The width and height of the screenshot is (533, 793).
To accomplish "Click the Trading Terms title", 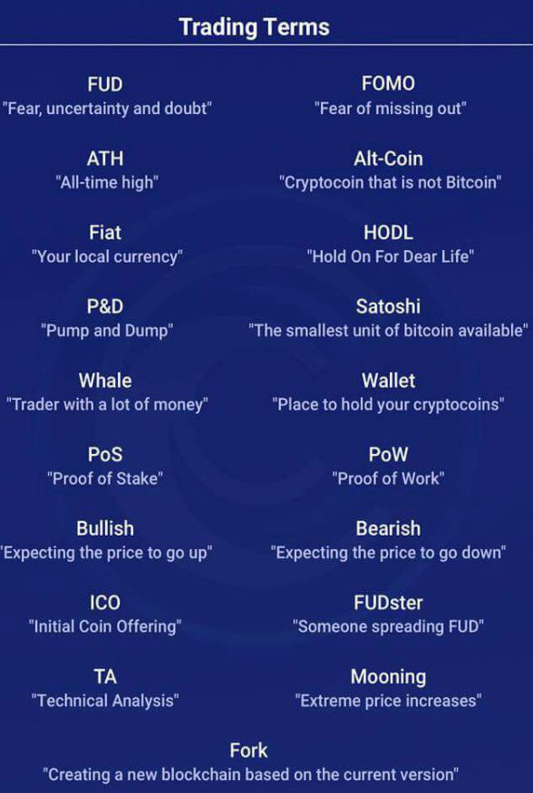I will click(x=254, y=26).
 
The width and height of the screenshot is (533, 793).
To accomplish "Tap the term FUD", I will click(x=105, y=84).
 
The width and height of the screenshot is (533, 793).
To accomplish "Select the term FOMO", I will click(x=388, y=83).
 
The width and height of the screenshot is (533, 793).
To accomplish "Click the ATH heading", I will click(x=105, y=159).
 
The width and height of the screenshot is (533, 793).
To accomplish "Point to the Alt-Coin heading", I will click(x=388, y=159).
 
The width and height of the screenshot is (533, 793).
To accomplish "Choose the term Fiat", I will click(x=105, y=233).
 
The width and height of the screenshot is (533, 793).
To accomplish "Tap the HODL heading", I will click(x=388, y=233).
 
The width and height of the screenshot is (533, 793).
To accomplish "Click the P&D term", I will click(x=105, y=306).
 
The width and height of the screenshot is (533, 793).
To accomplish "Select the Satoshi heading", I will click(x=388, y=306).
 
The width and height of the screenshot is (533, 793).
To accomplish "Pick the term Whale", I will click(x=105, y=381).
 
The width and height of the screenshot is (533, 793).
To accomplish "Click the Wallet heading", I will click(x=388, y=381).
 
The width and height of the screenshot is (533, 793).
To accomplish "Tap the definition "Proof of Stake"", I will click(x=105, y=479).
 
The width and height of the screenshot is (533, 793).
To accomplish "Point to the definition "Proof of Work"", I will click(x=388, y=479).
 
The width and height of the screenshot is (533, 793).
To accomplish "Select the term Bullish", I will click(x=105, y=528).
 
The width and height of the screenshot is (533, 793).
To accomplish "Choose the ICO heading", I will click(x=105, y=603).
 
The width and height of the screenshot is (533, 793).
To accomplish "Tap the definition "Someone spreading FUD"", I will click(x=388, y=626).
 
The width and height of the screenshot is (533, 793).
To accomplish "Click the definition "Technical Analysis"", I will click(x=105, y=701).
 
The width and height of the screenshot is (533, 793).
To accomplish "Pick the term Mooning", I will click(x=388, y=677).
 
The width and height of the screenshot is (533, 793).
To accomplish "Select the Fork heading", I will click(x=248, y=750).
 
